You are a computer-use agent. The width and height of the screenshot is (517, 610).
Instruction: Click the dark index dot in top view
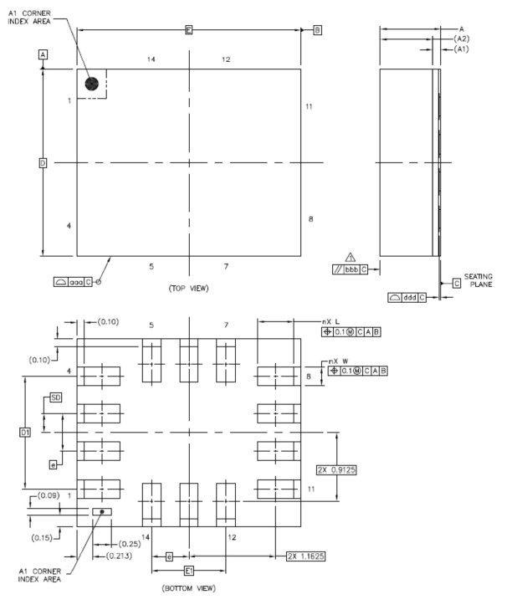pyautogui.click(x=92, y=84)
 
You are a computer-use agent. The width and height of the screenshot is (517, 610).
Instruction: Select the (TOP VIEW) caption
pyautogui.click(x=189, y=288)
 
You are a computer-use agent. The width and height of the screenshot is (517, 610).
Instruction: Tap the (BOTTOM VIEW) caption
pyautogui.click(x=189, y=588)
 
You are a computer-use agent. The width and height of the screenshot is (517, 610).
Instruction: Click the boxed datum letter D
pyautogui.click(x=43, y=162)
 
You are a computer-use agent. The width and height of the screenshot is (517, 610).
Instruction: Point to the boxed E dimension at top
pyautogui.click(x=189, y=30)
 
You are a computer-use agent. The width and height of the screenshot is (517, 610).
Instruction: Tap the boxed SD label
pyautogui.click(x=56, y=397)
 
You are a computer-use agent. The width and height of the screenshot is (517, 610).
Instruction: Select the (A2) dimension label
pyautogui.click(x=460, y=39)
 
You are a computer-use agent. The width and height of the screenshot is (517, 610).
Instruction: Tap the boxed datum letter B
pyautogui.click(x=317, y=30)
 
